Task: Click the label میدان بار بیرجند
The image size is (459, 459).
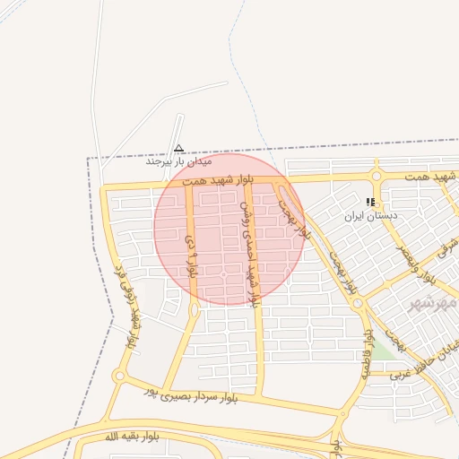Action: coord(179,162)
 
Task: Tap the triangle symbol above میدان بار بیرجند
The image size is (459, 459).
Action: coord(178,148)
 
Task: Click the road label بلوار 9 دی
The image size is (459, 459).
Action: coord(190,254)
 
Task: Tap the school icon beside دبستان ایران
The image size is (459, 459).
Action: coord(371,203)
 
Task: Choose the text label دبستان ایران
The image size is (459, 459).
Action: coord(372,216)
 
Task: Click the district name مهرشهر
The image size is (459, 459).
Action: coord(432,305)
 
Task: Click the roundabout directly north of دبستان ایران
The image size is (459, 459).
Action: coord(377,176)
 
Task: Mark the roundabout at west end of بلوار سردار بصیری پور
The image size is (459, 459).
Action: coord(119,377)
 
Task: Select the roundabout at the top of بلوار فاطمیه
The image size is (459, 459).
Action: coord(358,304)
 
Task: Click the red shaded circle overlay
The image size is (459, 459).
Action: coord(229,229)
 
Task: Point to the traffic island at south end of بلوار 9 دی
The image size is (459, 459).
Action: coord(195,310)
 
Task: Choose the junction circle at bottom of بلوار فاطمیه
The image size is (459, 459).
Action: coord(342,415)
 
